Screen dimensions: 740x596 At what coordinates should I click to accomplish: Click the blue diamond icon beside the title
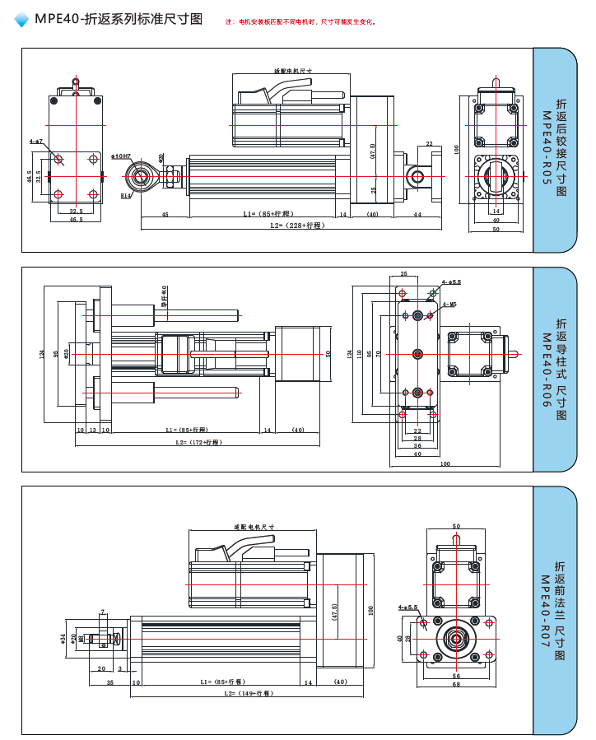[21, 21]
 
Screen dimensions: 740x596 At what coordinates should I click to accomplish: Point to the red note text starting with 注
[300, 21]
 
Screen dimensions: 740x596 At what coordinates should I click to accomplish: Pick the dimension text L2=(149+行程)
[248, 693]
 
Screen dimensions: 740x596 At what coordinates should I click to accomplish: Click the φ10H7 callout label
[121, 155]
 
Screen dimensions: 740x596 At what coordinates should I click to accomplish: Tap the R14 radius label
[126, 196]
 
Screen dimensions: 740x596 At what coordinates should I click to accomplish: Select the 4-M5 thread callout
[449, 304]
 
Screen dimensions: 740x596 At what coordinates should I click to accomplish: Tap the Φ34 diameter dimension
[63, 637]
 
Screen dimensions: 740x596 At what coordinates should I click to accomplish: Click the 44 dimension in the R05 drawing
[417, 214]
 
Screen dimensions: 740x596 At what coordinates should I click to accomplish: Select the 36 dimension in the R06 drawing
[417, 445]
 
